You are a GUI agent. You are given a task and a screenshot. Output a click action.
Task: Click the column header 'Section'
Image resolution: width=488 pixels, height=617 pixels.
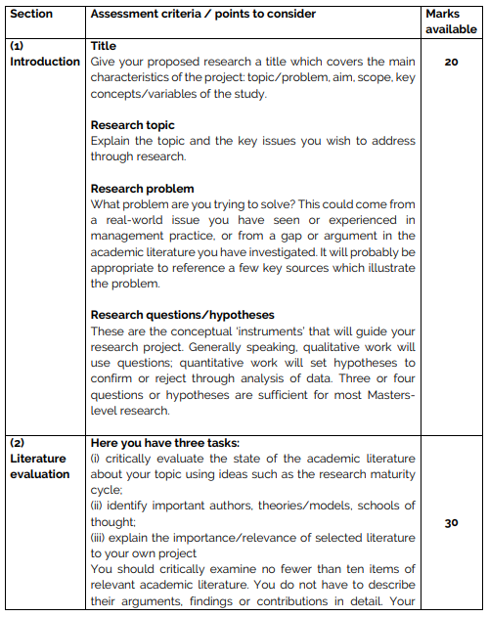click(x=31, y=15)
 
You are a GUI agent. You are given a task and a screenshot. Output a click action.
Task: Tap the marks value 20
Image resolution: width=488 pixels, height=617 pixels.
click(x=451, y=61)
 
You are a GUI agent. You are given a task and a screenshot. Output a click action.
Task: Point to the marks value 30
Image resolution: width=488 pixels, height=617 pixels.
click(x=451, y=523)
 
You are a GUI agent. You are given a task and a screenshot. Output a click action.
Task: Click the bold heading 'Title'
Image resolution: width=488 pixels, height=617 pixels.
click(x=104, y=46)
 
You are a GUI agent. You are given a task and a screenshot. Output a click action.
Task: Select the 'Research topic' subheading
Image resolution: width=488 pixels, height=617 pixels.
click(x=133, y=125)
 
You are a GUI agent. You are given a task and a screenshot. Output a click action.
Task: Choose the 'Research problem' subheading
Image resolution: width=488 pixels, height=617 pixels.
click(x=142, y=189)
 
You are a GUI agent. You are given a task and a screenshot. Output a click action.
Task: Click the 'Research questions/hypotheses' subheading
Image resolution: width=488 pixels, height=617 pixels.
click(x=182, y=315)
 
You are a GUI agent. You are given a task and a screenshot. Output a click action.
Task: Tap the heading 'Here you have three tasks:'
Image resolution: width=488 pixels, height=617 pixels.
click(x=172, y=443)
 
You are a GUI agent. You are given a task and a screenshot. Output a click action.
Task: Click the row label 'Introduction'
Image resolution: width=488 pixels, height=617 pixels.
click(x=44, y=62)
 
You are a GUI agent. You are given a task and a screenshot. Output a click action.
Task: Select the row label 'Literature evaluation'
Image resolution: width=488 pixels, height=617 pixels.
click(x=39, y=466)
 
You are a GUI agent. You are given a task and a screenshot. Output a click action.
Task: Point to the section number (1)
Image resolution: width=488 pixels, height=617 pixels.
click(x=19, y=46)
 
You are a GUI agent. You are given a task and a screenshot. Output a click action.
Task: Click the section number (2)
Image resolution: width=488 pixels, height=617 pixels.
click(x=19, y=443)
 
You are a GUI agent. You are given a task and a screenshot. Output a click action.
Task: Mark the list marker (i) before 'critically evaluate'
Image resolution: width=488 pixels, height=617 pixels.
click(x=96, y=459)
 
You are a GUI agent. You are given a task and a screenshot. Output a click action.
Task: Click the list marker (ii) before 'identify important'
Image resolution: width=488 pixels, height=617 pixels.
click(x=98, y=506)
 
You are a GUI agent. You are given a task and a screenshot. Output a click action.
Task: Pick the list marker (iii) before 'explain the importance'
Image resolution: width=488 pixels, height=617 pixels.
click(x=100, y=537)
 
